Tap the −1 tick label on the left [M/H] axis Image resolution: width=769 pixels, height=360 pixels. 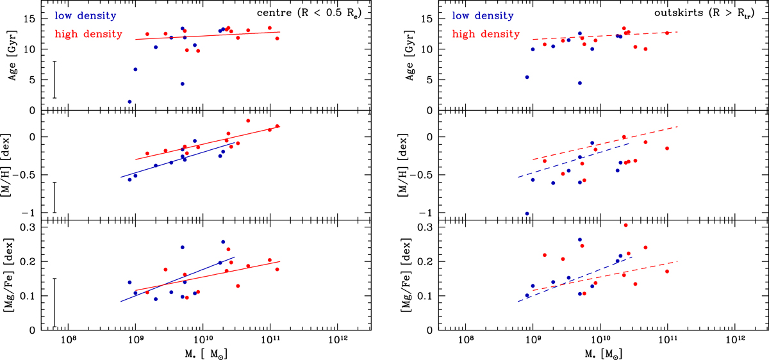tap(29, 213)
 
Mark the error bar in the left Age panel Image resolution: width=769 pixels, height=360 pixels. tap(55, 79)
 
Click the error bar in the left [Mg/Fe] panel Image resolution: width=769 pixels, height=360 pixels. tap(55, 302)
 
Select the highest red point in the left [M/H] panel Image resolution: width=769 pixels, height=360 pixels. tap(248, 120)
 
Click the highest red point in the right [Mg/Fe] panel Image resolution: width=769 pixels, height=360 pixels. tap(625, 225)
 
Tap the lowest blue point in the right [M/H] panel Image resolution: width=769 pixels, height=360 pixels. tap(527, 213)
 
